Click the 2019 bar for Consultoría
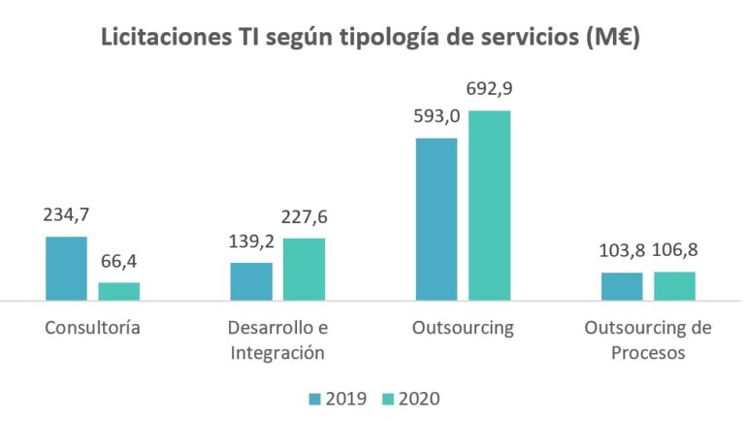coord(66,269)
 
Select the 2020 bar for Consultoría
coord(119,291)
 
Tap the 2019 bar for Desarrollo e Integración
coord(251,281)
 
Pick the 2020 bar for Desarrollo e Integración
coord(305,269)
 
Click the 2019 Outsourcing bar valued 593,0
coord(436,219)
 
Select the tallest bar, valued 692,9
coord(489,206)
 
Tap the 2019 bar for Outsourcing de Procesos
coord(621,286)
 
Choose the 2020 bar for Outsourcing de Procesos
coord(674,286)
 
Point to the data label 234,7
coord(66,215)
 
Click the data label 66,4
coord(119,262)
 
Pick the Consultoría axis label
coord(93,328)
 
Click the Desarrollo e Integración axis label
coord(277,340)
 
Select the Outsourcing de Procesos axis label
coord(648,340)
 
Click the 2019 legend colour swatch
coord(314,399)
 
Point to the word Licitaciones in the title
coord(160,40)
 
